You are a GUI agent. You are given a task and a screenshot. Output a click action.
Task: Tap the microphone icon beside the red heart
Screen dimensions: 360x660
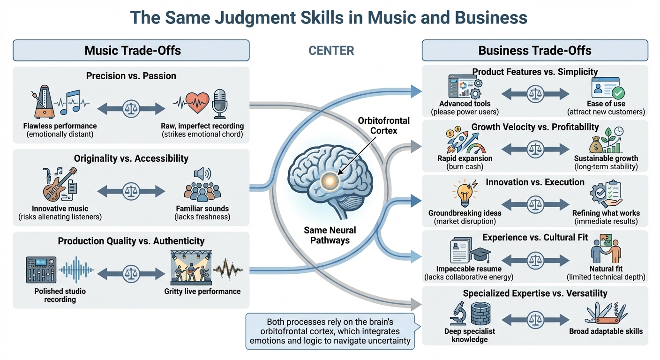click(219, 103)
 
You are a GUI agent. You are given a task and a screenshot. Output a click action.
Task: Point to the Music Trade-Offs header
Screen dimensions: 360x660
click(133, 51)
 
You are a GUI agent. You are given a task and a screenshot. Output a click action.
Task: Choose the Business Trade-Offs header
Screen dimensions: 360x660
click(534, 51)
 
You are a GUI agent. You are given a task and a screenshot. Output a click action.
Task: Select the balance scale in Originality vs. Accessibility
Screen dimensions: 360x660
click(131, 191)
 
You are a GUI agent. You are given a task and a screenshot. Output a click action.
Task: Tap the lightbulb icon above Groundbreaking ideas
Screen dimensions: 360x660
click(464, 193)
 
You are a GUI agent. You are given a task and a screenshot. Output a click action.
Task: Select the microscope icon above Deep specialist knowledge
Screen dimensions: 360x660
click(457, 313)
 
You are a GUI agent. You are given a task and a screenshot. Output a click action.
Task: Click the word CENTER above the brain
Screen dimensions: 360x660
click(331, 51)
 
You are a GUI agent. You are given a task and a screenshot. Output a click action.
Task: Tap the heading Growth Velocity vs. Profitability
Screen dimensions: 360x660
click(535, 127)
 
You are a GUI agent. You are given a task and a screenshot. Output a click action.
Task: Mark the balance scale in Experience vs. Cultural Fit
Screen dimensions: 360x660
click(535, 258)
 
